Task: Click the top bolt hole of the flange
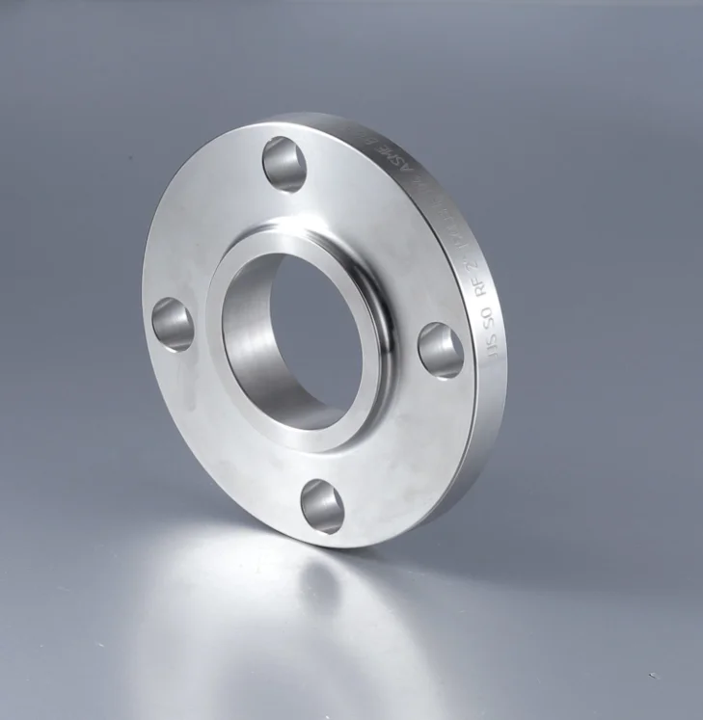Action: pos(284,164)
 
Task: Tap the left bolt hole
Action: pos(174,324)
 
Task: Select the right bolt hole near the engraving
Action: pos(441,350)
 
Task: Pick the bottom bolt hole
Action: pos(322,505)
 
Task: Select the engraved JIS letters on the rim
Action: pos(495,348)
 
